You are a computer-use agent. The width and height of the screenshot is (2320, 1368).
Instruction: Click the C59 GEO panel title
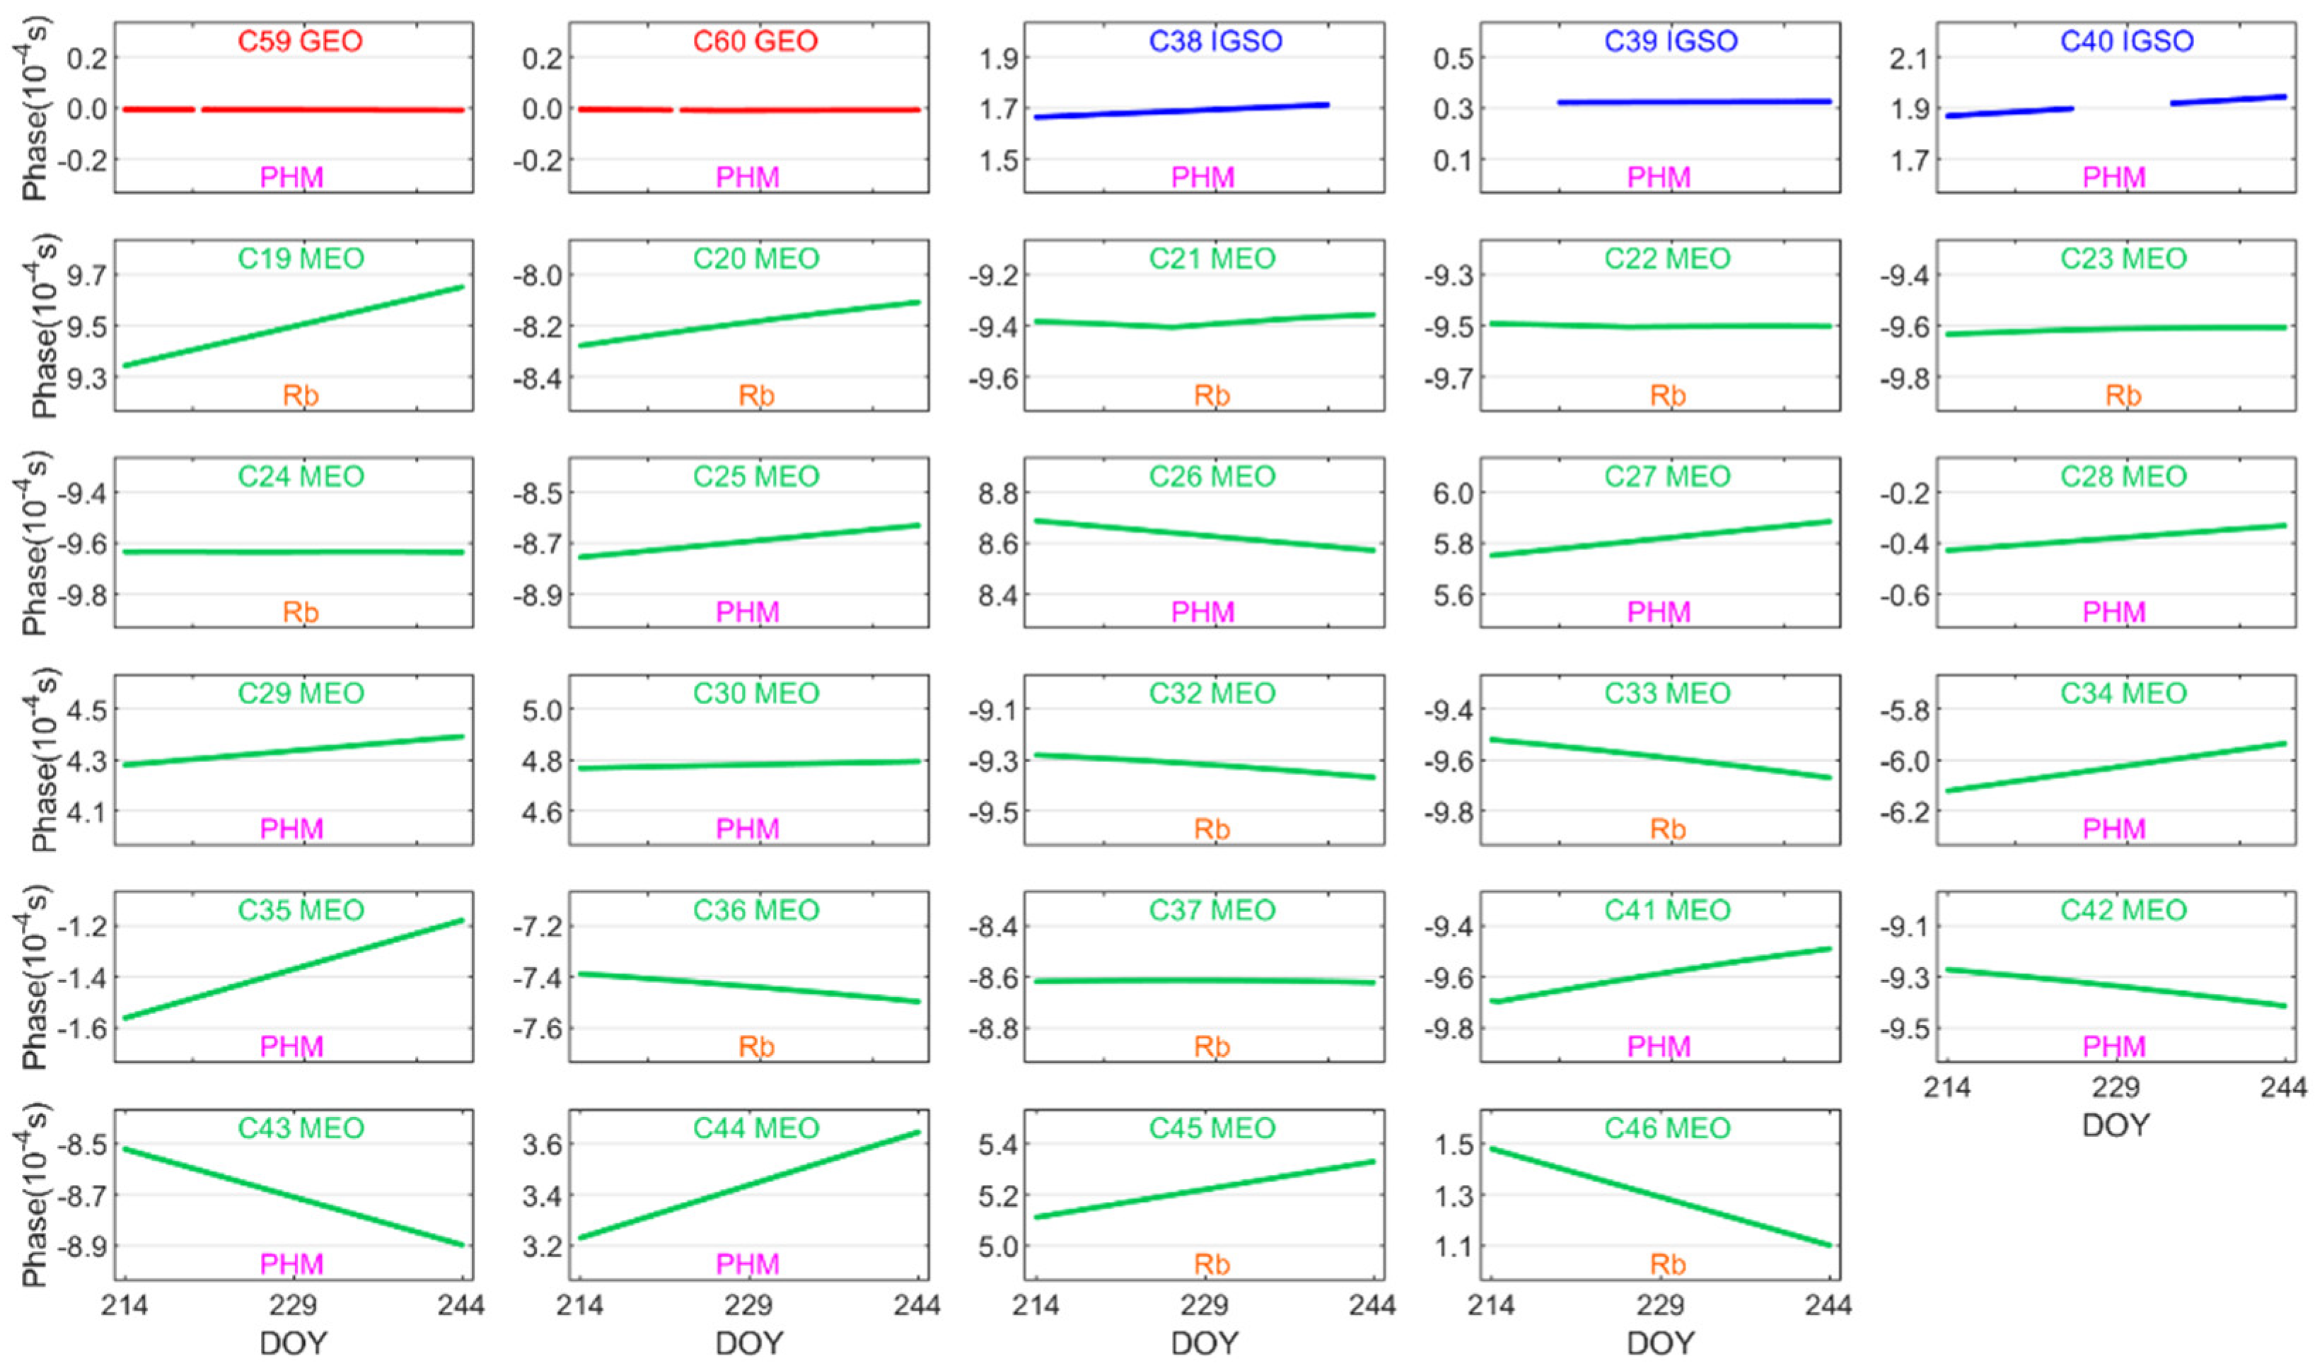[x=301, y=42]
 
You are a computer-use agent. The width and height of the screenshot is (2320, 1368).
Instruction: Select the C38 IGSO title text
[x=1214, y=42]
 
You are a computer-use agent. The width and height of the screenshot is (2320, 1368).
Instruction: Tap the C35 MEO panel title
[x=301, y=911]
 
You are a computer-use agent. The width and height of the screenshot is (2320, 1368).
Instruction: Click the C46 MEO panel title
[x=1667, y=1128]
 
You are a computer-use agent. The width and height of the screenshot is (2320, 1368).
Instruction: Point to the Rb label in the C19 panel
[x=301, y=395]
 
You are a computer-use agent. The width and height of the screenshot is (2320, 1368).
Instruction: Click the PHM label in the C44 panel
[x=748, y=1264]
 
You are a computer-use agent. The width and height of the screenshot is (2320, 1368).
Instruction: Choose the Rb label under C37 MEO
[x=1212, y=1047]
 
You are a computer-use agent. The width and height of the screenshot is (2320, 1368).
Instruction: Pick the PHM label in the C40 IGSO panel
[x=2114, y=178]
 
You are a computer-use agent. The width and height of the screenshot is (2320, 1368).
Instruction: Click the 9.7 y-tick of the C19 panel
[x=86, y=276]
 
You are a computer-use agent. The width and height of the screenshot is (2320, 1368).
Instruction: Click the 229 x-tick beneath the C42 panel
[x=2116, y=1088]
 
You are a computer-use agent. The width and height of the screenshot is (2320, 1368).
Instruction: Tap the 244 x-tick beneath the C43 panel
[x=461, y=1305]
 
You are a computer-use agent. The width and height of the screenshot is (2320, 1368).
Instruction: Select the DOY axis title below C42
[x=2116, y=1126]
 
